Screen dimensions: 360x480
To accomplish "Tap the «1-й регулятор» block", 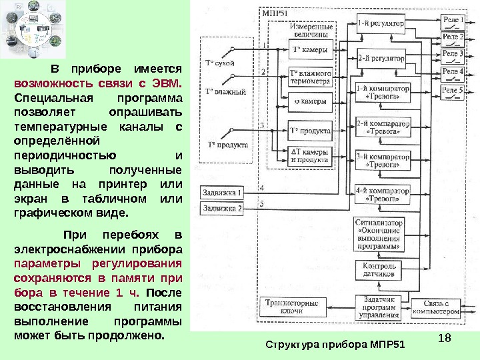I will (x=380, y=23).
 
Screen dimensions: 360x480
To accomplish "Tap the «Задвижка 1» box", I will (x=222, y=193).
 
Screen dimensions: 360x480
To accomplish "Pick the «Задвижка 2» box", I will (x=222, y=208).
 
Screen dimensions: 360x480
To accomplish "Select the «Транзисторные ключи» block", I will (x=292, y=307).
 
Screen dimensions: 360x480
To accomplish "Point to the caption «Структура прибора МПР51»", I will (x=335, y=345).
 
